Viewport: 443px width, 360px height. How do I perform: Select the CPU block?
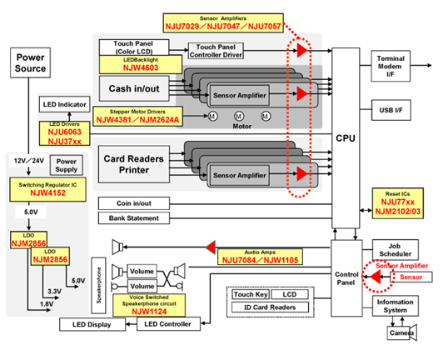click(345, 137)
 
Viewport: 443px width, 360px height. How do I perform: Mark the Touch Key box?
click(249, 295)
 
